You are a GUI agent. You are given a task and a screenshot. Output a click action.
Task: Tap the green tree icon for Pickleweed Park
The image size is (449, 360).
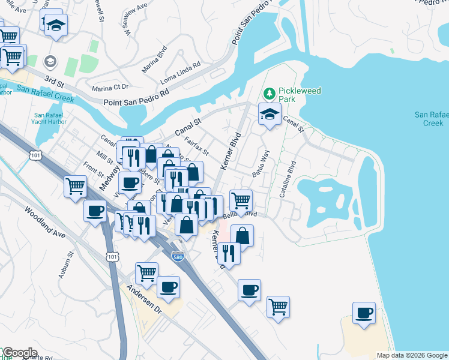pyautogui.click(x=270, y=94)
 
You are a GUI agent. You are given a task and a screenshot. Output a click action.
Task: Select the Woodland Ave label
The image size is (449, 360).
pyautogui.click(x=44, y=222)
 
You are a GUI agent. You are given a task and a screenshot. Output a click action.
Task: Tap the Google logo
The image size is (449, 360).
pyautogui.click(x=19, y=353)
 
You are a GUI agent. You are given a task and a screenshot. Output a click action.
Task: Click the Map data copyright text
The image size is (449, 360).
pyautogui.click(x=411, y=355)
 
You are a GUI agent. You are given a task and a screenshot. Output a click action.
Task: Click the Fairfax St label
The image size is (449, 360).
pyautogui.click(x=196, y=145)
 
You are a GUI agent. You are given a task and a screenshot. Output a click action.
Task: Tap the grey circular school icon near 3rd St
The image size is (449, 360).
pyautogui.click(x=50, y=61)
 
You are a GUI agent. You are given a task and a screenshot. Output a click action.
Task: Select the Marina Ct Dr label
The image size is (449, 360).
pyautogui.click(x=110, y=88)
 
